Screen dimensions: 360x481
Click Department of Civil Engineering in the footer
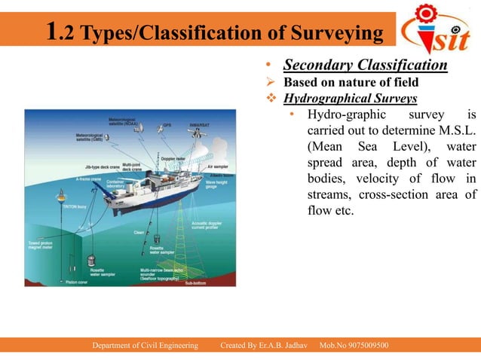click(x=145, y=345)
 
